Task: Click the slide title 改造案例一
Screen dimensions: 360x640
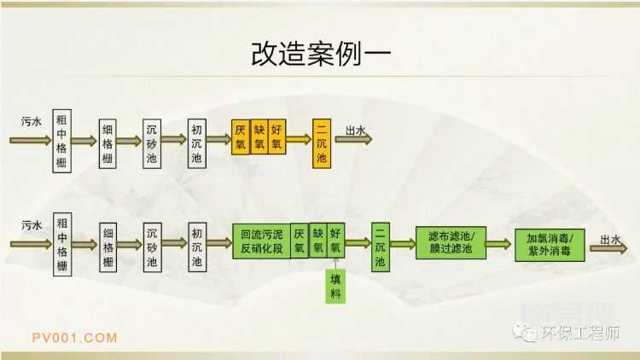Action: [x=320, y=53]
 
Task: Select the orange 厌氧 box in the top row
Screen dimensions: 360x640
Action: [x=240, y=136]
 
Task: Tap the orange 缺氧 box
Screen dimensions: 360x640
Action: [x=259, y=136]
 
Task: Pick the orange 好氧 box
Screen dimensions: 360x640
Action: [x=276, y=136]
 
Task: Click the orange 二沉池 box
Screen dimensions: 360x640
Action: [x=322, y=142]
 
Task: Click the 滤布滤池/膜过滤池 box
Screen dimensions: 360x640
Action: [x=451, y=242]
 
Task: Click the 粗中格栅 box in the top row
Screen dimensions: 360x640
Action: [x=61, y=140]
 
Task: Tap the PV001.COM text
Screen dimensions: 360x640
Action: [x=74, y=337]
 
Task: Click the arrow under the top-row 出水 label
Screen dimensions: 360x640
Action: [x=358, y=141]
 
